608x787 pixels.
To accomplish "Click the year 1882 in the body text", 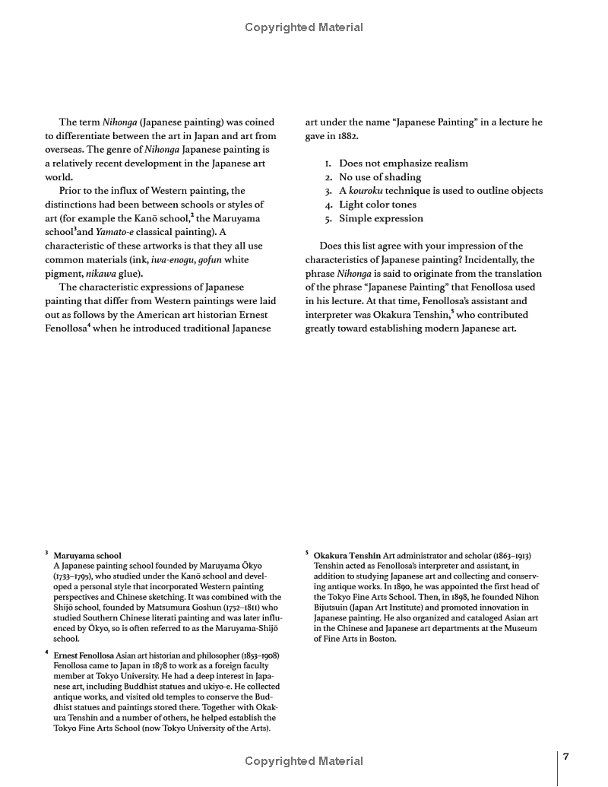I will coord(346,135).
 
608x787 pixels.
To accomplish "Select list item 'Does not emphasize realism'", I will coord(403,163).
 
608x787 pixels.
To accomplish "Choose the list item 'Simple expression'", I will coord(381,218).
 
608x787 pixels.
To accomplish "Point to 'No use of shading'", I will coord(379,177).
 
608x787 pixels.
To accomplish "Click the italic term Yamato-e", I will coord(115,232).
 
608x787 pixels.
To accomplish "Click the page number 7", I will coord(566,757).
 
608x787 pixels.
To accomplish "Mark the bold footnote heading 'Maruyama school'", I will coord(87,556).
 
